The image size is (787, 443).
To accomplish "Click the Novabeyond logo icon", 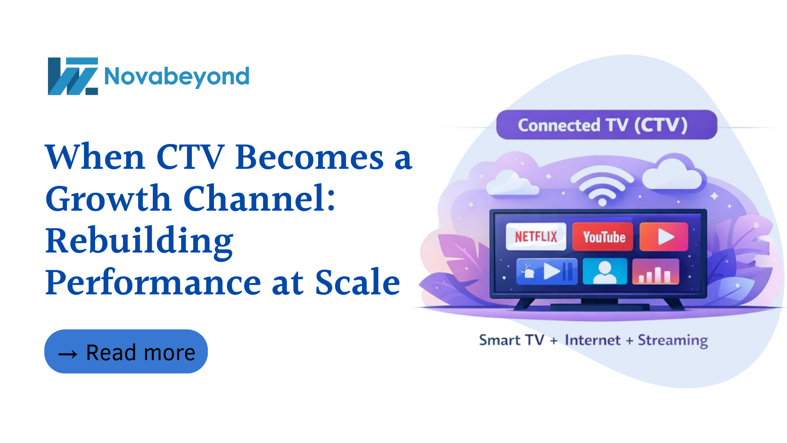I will (x=73, y=76).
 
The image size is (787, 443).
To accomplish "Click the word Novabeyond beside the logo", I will (x=177, y=77).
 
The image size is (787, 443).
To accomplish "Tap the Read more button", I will (x=126, y=352).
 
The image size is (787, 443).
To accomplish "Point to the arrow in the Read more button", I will (x=68, y=354).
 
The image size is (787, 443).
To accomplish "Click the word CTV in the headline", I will (x=190, y=157).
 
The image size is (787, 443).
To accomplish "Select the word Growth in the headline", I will (x=108, y=199).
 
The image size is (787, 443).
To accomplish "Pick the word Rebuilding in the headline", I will (x=139, y=241).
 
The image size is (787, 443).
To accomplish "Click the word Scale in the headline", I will (x=357, y=283).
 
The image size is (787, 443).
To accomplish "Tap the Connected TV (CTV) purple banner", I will (x=607, y=125).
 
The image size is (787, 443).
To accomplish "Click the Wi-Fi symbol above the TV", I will (x=602, y=185).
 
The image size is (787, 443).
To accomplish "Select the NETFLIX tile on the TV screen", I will (x=536, y=237).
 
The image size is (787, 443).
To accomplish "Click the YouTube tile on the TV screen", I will (x=603, y=237).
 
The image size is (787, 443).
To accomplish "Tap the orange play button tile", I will (x=664, y=237).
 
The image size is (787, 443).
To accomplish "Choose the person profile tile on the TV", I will (x=605, y=271).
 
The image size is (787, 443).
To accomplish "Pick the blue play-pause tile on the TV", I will (x=547, y=271).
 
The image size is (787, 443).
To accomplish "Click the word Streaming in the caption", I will (x=673, y=340).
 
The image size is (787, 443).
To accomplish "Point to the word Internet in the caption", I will (x=592, y=340).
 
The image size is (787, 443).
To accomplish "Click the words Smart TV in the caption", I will (x=512, y=340).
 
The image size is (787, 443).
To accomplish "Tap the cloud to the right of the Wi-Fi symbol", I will (x=672, y=174).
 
